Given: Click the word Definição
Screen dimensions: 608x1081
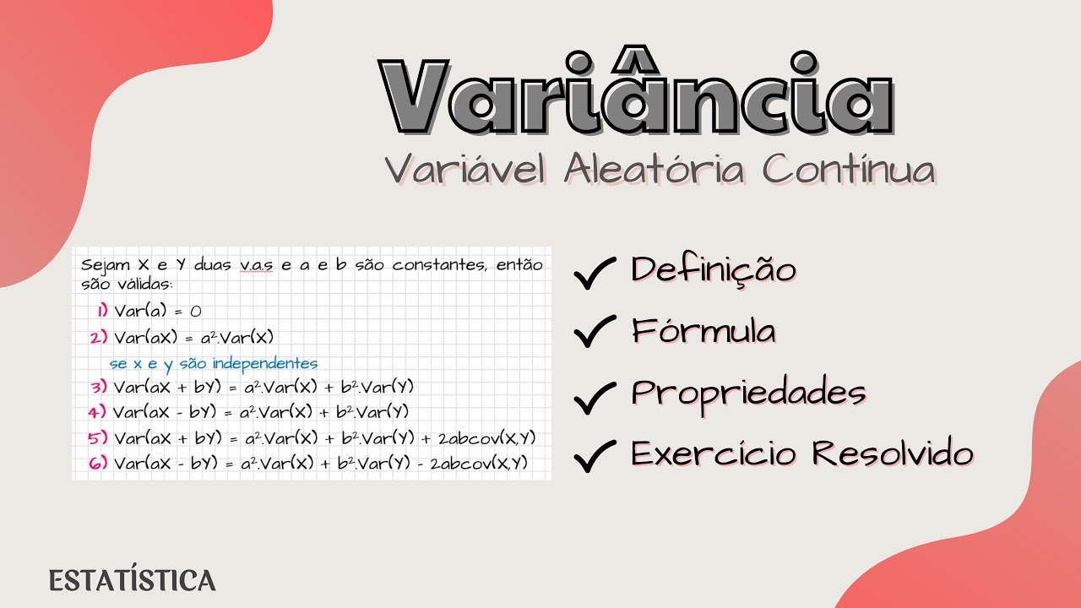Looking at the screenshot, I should coord(714,270).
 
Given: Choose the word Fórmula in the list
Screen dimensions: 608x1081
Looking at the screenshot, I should coord(703,331).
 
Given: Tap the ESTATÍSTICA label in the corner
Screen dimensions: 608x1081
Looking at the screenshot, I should coord(133,581).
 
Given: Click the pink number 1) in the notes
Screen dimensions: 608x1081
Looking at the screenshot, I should coord(102,311).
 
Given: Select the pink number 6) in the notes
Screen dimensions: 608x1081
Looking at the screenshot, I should coord(99,462).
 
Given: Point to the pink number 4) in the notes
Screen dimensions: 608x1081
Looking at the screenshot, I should coord(99,412).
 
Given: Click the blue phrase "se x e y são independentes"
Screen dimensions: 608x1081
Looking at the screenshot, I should coord(214,363).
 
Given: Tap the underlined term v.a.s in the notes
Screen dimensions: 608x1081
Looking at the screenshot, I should coord(257,264).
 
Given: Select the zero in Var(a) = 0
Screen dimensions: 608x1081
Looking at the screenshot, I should coord(196,311).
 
